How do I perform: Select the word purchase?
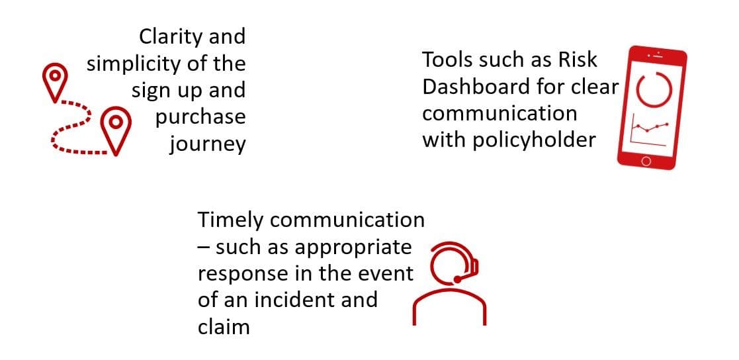coord(200,117)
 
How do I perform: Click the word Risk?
coord(578,60)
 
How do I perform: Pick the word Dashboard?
coord(474,87)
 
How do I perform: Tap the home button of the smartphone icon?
coord(646,161)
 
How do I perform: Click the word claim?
coord(224,327)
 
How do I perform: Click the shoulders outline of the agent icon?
coord(450,306)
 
